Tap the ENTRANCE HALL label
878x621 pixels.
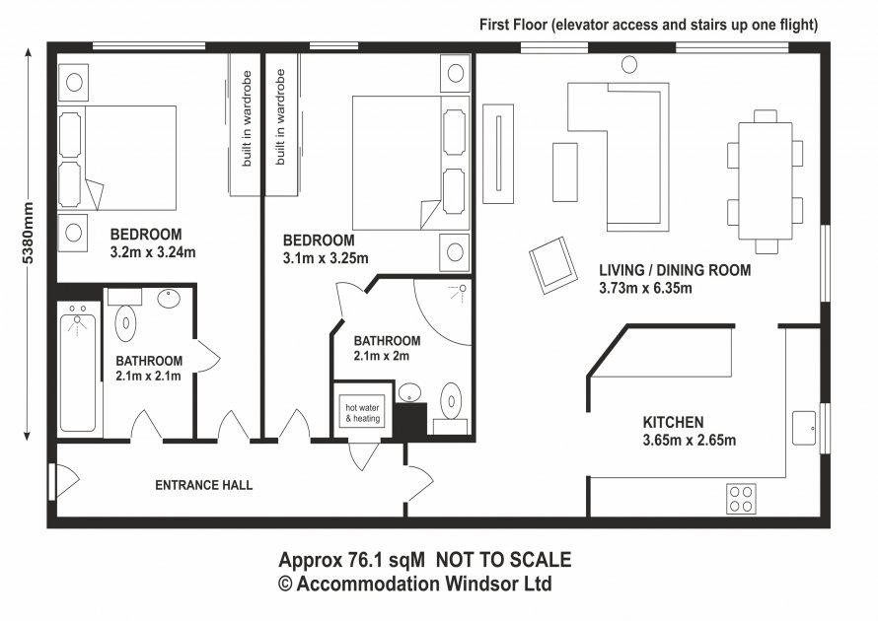click(204, 485)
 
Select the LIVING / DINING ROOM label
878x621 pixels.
click(675, 270)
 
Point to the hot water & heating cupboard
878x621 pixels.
click(361, 412)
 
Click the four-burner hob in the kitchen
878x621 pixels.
click(741, 498)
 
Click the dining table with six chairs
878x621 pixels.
click(764, 183)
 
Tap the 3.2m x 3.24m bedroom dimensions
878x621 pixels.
click(152, 251)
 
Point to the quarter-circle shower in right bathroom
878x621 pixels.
click(442, 310)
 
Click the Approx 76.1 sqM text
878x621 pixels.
click(351, 560)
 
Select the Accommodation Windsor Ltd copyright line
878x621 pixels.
click(414, 584)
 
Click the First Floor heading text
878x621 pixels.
click(648, 25)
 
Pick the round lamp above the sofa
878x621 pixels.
click(628, 65)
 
